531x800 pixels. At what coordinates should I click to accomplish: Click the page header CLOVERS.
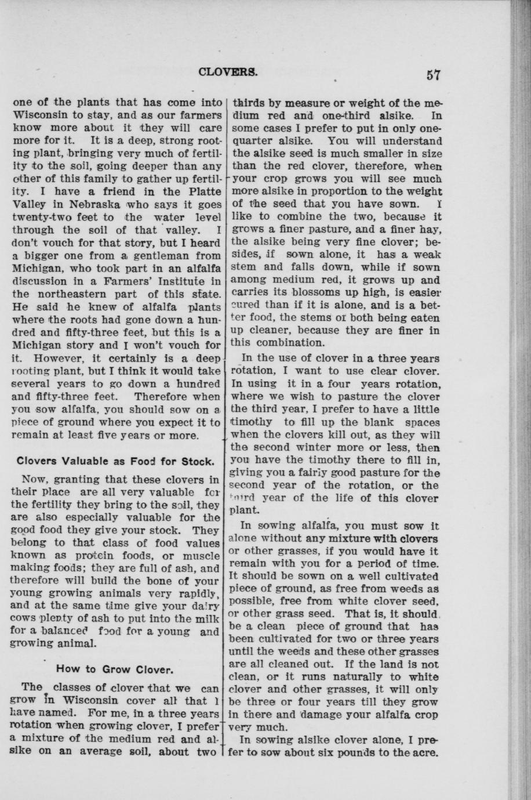[x=228, y=73]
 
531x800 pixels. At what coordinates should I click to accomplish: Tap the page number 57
[x=434, y=75]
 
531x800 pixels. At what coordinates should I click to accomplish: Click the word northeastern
[x=84, y=294]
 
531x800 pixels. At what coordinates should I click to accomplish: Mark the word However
[x=58, y=357]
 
